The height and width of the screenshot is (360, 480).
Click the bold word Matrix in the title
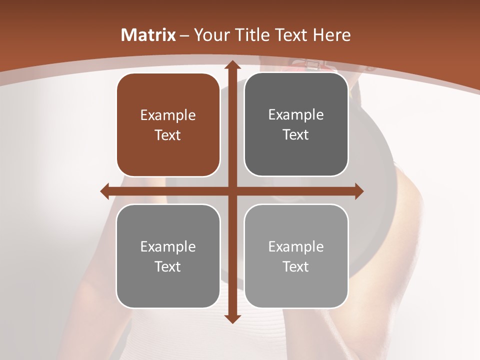click(x=148, y=35)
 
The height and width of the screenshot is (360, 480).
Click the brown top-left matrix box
click(x=168, y=125)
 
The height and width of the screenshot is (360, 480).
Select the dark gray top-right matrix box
click(x=296, y=124)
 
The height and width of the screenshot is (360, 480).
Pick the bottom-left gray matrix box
click(x=168, y=256)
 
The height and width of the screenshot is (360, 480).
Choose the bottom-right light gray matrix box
click(x=296, y=256)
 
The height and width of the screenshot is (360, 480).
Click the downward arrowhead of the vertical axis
click(x=231, y=318)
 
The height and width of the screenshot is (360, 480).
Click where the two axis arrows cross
click(x=231, y=191)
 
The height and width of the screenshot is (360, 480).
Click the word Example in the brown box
click(x=168, y=115)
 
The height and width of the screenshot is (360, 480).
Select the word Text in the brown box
click(x=168, y=135)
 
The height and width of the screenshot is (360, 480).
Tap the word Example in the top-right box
click(x=296, y=114)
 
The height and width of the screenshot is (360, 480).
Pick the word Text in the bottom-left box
click(x=168, y=266)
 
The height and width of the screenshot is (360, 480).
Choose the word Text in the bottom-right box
click(x=296, y=266)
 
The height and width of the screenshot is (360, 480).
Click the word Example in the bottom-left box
click(x=168, y=246)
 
